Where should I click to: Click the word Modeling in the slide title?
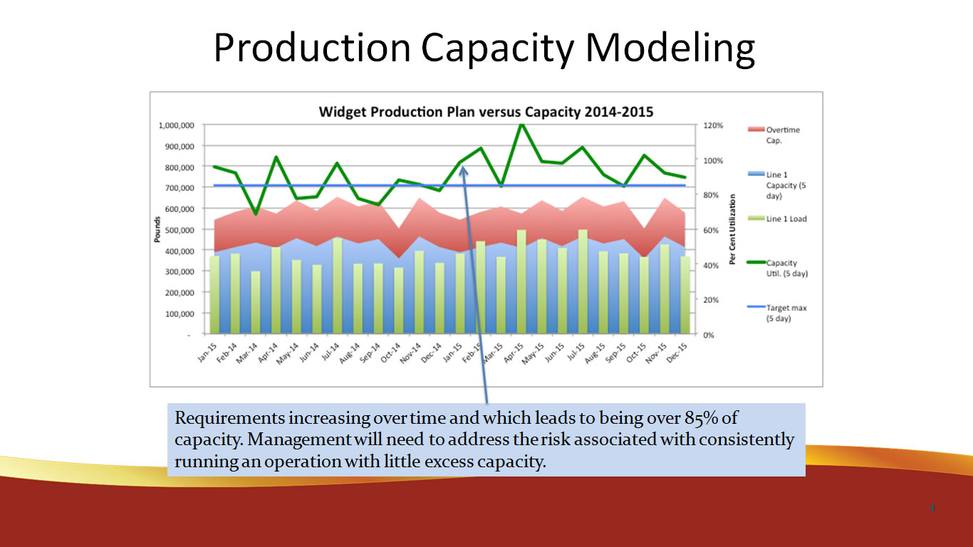point(670,48)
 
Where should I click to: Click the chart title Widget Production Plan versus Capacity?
point(486,112)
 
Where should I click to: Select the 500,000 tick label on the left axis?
point(177,230)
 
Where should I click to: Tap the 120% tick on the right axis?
point(714,125)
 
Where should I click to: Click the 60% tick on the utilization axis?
point(713,230)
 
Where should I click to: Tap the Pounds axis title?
point(157,229)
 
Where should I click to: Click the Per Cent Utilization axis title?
point(732,229)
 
